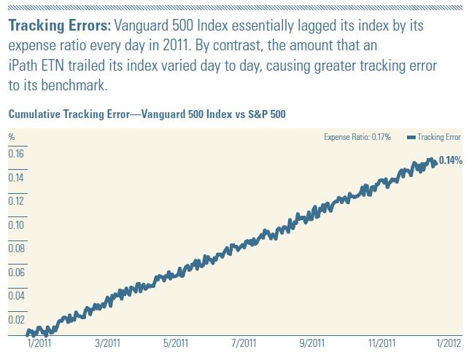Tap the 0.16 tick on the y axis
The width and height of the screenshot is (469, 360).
pos(15,154)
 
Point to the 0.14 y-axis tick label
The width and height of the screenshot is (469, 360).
pos(15,177)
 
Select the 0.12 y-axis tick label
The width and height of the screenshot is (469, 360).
pos(15,200)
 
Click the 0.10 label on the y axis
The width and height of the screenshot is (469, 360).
pos(15,224)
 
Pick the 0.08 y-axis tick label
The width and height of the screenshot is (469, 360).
pos(15,248)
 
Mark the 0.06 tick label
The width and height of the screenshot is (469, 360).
pos(15,272)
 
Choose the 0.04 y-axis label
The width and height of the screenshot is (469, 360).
pos(15,295)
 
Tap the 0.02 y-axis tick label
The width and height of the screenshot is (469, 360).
pos(15,319)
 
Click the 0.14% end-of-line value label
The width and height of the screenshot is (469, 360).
pos(451,160)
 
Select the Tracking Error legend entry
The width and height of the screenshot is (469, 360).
pos(433,136)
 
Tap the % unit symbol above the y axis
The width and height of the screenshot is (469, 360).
pos(11,136)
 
